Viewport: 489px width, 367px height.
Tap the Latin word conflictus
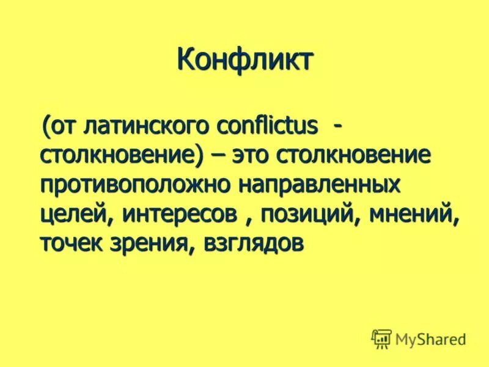coord(260,127)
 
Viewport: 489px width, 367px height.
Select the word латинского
coord(141,127)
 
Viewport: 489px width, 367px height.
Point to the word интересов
coord(180,215)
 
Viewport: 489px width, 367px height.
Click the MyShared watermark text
coord(431,338)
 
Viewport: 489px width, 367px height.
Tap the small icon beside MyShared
coord(381,338)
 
